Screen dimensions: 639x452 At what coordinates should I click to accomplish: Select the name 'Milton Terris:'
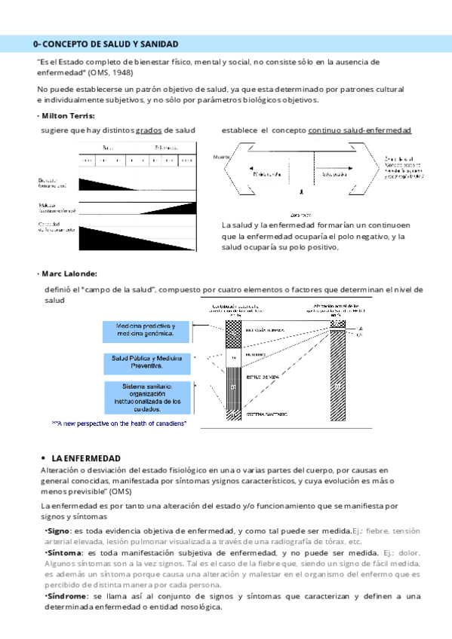coord(66,115)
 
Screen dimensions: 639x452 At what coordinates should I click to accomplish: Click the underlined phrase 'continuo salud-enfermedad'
coord(360,130)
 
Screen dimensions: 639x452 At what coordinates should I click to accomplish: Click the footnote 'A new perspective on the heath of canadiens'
coord(119,424)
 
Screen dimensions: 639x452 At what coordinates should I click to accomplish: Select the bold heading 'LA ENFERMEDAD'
coord(86,458)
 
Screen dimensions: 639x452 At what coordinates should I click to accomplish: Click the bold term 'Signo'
coord(58,531)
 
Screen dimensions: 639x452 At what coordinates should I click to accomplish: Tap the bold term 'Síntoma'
coord(62,552)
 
